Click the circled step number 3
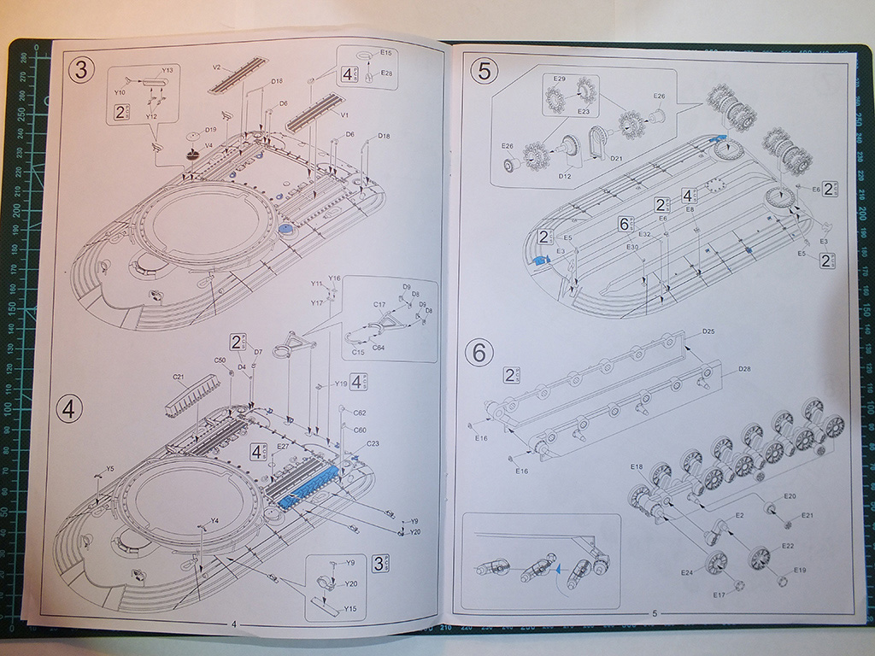tap(80, 71)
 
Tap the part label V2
tap(217, 67)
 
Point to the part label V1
tap(345, 114)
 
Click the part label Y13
tap(167, 69)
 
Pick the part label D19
tap(210, 130)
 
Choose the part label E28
tap(387, 73)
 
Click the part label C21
tap(179, 377)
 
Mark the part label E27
tap(284, 445)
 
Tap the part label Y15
tap(349, 608)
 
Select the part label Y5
tap(109, 469)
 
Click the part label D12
tap(564, 176)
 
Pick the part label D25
tap(708, 331)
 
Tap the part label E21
tap(807, 515)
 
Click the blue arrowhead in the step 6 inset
tap(555, 566)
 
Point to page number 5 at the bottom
tap(655, 613)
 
